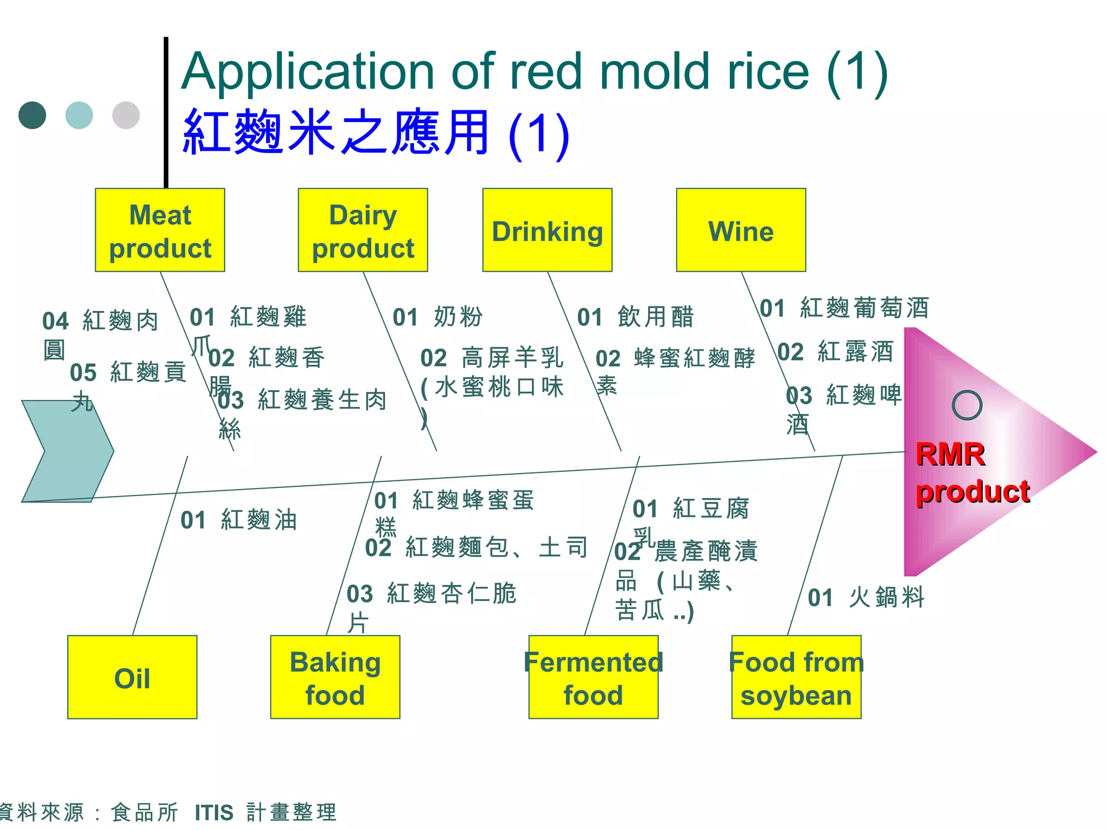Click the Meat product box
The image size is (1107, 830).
(160, 230)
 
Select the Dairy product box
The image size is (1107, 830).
(363, 230)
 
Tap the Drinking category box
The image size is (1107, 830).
(547, 230)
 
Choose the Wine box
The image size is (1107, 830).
(741, 230)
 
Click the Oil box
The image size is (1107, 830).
(132, 677)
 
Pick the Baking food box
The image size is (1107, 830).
(335, 677)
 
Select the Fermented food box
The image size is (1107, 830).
(593, 677)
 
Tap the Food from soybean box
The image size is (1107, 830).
(796, 677)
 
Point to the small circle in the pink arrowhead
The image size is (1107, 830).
(967, 405)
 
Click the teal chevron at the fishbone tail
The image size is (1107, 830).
(67, 451)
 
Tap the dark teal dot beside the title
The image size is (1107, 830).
(32, 115)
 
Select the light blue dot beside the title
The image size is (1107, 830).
(79, 115)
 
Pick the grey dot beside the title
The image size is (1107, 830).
(126, 115)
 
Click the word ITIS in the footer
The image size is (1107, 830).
(214, 813)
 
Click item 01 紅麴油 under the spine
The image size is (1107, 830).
(239, 520)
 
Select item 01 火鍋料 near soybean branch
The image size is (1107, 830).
(866, 598)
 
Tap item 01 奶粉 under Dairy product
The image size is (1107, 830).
(437, 317)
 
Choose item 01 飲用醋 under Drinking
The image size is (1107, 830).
(635, 317)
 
